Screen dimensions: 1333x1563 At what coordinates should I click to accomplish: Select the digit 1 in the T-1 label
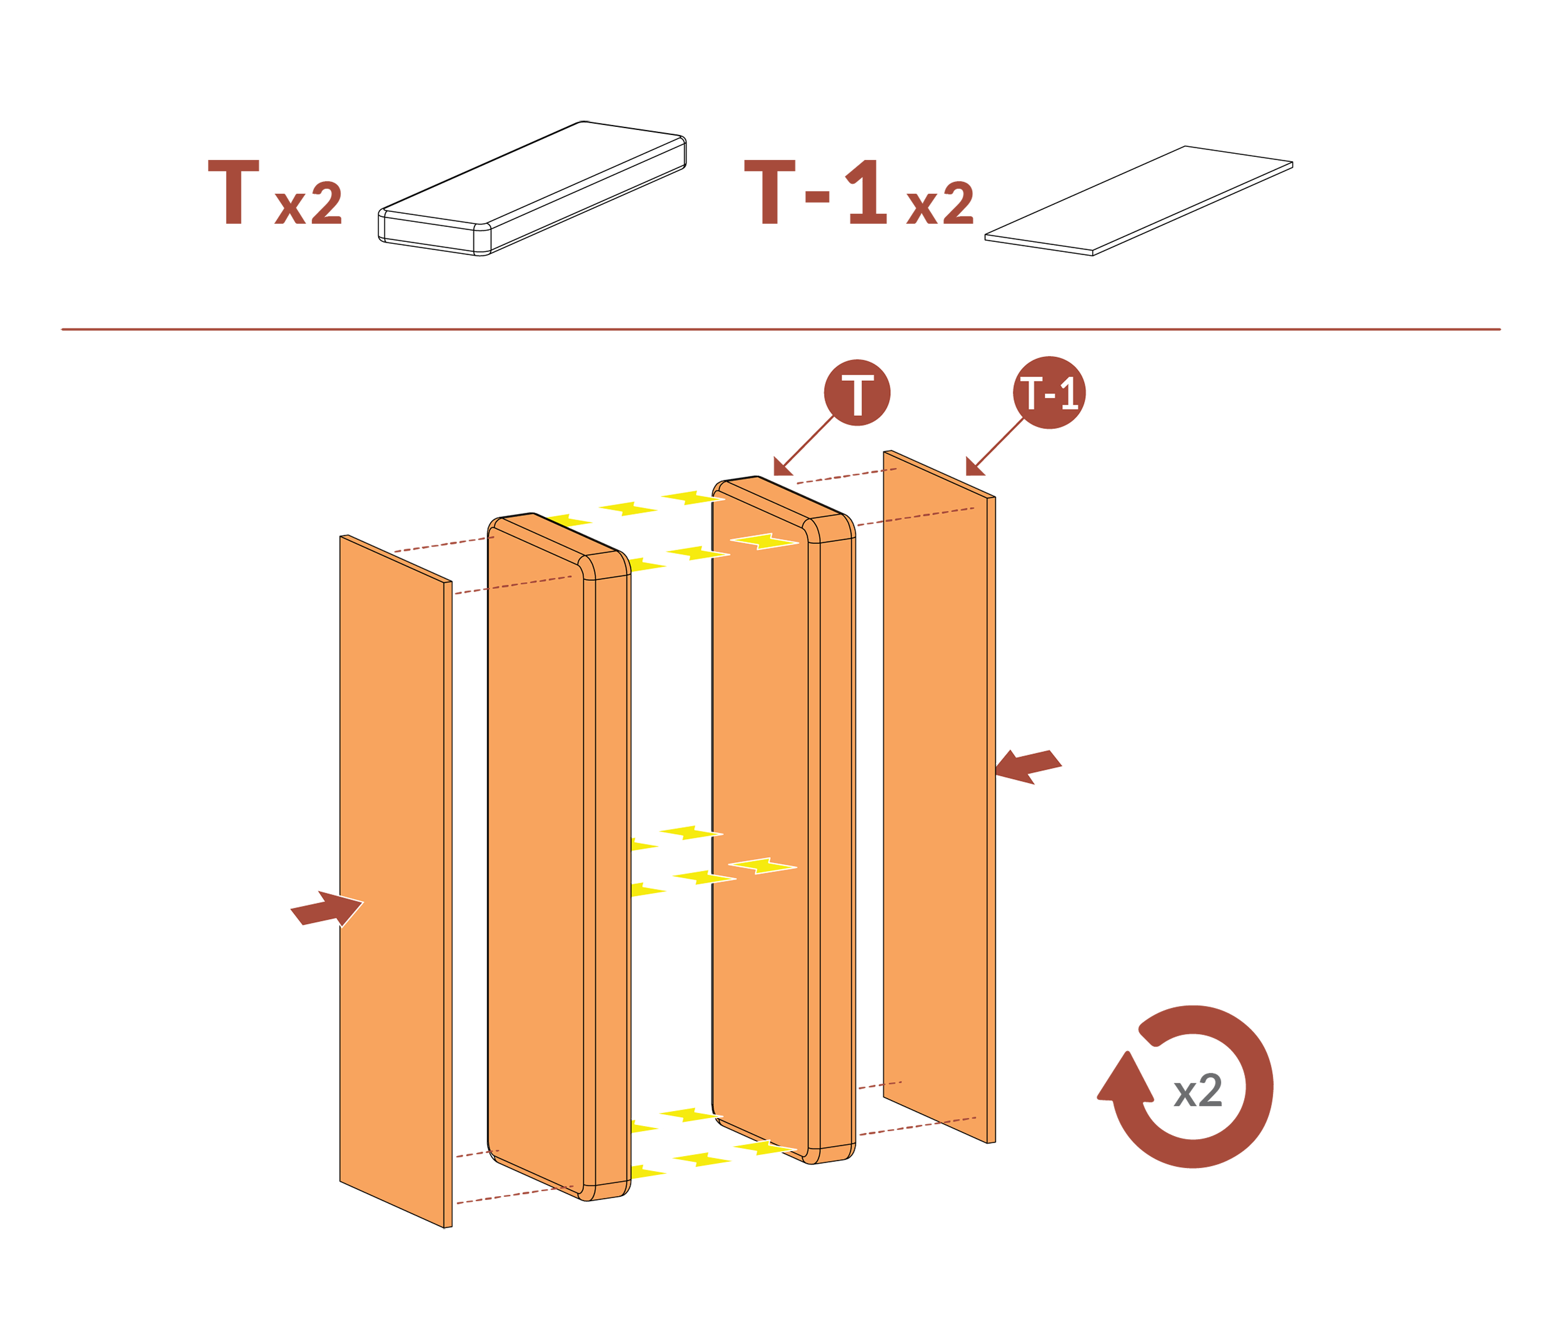(1069, 395)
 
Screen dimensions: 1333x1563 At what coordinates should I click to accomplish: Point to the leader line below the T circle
(808, 441)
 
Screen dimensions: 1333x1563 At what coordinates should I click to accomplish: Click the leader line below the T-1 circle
(1000, 441)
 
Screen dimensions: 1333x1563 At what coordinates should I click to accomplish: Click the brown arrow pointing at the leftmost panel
(326, 909)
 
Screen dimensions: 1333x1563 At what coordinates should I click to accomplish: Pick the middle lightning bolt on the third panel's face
(763, 866)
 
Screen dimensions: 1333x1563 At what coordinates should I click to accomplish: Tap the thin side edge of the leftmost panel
(447, 905)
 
